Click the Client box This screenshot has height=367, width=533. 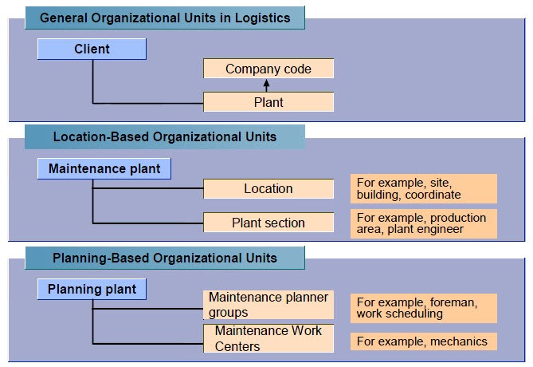point(92,49)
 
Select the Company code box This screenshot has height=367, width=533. point(268,69)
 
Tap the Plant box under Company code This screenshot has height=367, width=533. point(268,102)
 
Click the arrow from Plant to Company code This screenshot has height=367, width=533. point(268,85)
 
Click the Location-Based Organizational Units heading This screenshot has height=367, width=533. point(164,136)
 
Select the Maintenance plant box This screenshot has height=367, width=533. point(104,168)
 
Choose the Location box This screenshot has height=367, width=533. point(268,189)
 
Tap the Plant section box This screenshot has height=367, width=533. point(268,223)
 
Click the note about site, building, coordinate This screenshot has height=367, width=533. point(423,188)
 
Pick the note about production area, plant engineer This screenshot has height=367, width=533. point(423,223)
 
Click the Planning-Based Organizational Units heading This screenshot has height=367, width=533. point(164,258)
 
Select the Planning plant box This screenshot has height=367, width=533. point(92,289)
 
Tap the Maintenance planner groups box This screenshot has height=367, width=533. point(268,305)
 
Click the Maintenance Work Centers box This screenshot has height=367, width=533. point(268,338)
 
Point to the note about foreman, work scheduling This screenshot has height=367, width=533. point(423,308)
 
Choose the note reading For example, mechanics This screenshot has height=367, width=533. point(423,341)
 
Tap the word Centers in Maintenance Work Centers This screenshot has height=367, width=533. point(238,346)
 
